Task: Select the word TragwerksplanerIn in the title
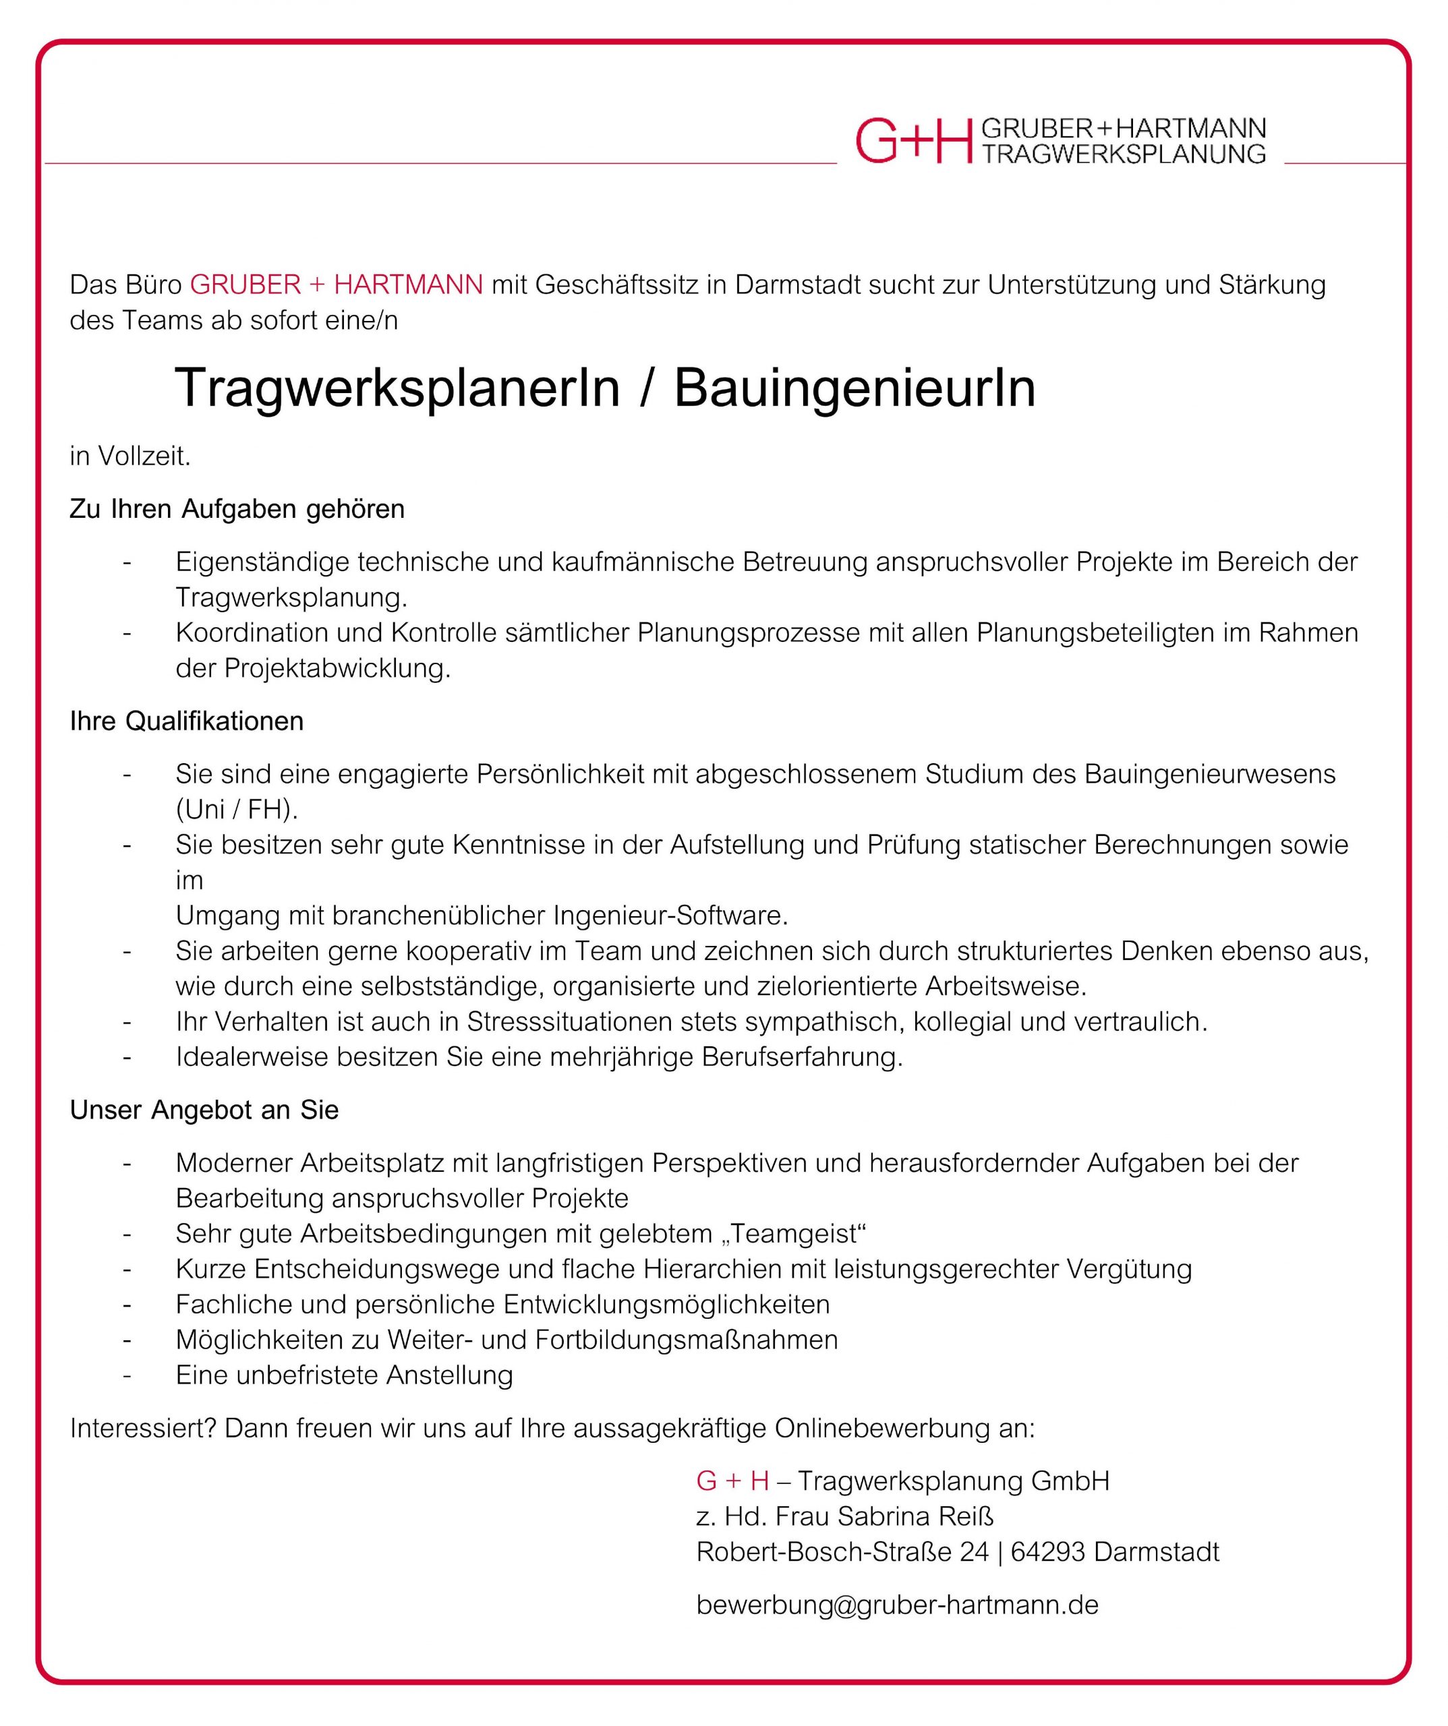397,388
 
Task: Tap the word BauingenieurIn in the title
855,388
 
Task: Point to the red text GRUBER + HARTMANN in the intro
337,285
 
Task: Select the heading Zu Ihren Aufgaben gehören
237,510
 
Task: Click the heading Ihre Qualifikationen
187,721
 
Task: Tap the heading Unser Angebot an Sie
204,1110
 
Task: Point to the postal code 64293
1047,1552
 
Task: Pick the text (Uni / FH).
237,810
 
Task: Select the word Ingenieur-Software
671,916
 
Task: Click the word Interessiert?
143,1429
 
